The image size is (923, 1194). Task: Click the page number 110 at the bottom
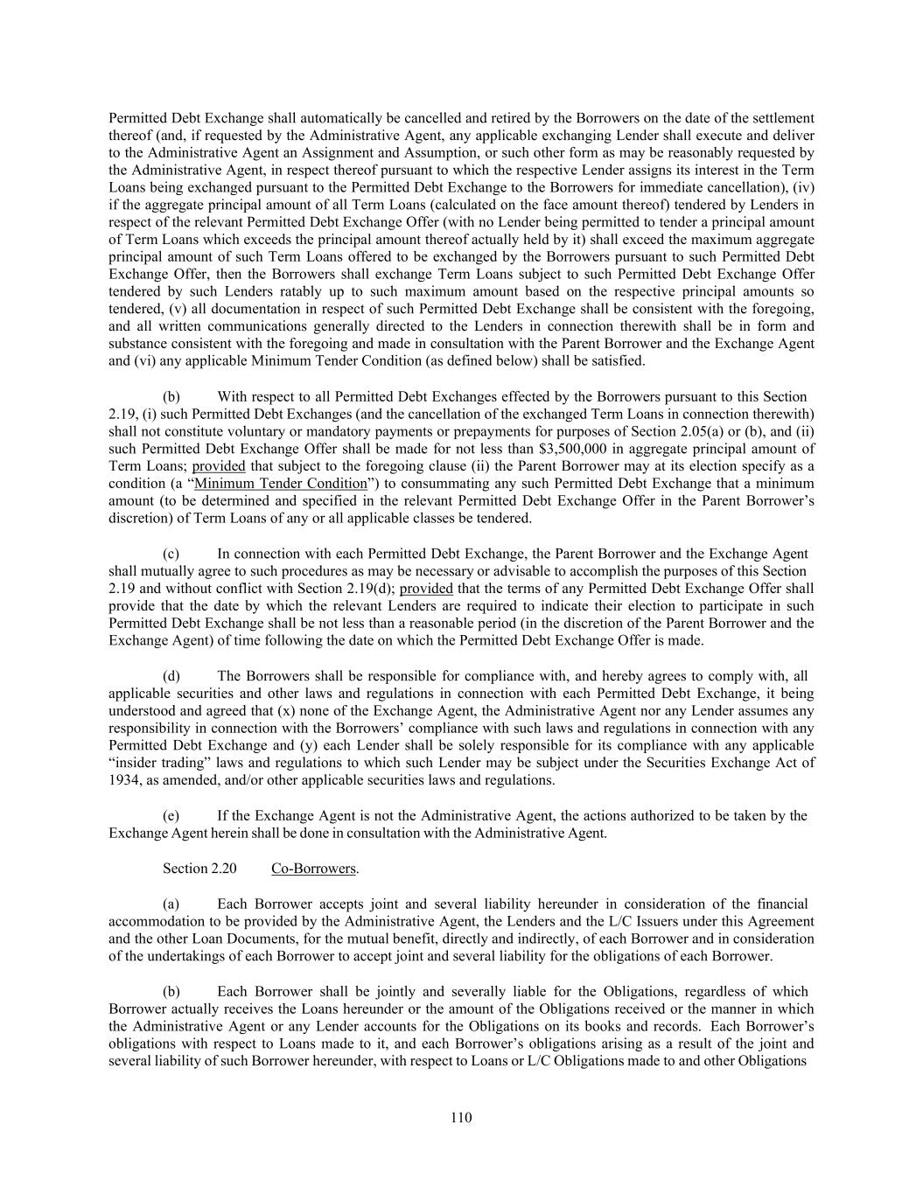(461, 1117)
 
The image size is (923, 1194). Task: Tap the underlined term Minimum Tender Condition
(280, 484)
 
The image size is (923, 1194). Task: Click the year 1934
(123, 780)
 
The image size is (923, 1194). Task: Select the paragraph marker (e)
(172, 816)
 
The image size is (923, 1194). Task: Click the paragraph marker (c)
(172, 554)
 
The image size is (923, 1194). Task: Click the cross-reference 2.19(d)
(367, 589)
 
